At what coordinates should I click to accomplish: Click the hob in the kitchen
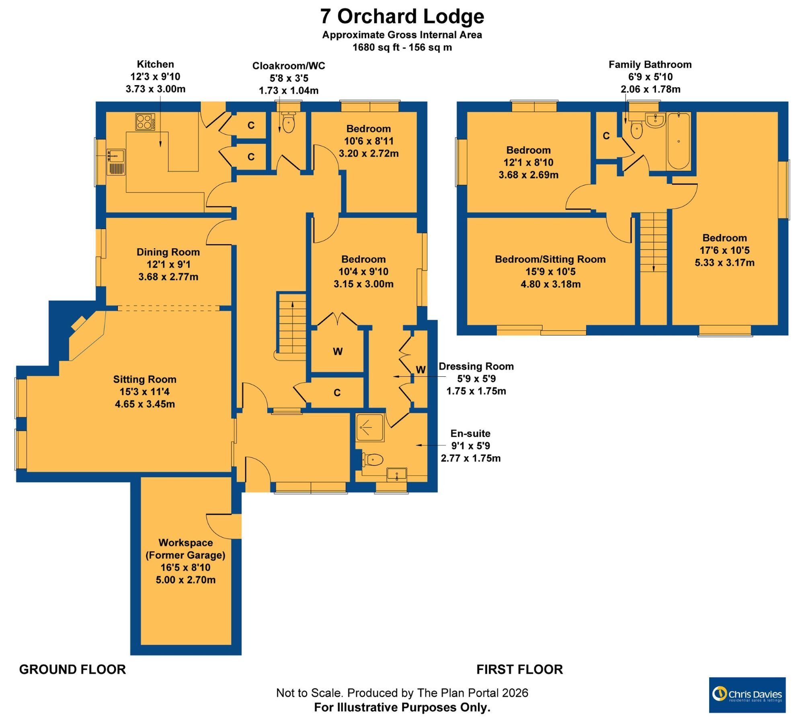point(145,122)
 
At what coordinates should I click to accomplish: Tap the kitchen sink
point(116,162)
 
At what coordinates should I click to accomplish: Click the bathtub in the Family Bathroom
point(679,141)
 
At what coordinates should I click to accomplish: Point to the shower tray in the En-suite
point(370,427)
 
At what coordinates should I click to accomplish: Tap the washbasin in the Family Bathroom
point(655,120)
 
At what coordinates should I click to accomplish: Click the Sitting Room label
point(145,379)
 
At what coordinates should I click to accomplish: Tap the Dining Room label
point(168,252)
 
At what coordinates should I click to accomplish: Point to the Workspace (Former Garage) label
point(185,549)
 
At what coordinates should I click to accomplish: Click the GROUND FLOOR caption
point(72,670)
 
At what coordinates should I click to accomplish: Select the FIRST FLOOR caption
point(519,670)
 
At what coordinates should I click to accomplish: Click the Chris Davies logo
point(747,695)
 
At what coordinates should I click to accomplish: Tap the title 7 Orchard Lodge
point(402,16)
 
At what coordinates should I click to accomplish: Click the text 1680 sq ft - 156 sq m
point(402,47)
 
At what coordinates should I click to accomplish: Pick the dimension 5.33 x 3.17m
point(724,263)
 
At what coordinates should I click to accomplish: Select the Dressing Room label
point(476,366)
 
